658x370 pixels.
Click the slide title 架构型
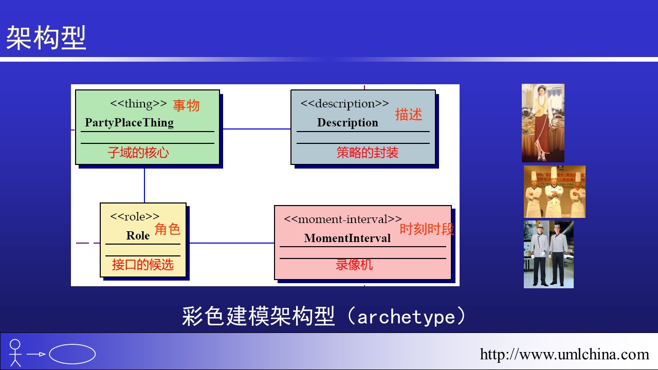[46, 38]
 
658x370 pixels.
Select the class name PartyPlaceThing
[129, 123]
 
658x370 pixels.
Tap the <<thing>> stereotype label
[138, 104]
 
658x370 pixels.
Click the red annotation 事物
[186, 106]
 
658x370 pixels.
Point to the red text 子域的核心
[138, 153]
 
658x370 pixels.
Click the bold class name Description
[348, 123]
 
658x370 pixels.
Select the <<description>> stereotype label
[344, 104]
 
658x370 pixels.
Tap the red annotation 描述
[409, 115]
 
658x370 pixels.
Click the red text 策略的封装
[368, 153]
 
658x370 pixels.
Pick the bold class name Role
[138, 236]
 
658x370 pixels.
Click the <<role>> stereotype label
[135, 217]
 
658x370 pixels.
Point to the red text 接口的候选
[143, 265]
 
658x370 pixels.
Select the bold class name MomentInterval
[347, 238]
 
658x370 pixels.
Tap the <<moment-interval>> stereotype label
[343, 219]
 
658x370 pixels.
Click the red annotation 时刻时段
[427, 229]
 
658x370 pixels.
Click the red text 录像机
[354, 265]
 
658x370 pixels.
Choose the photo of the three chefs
[554, 192]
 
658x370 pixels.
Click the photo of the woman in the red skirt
[543, 123]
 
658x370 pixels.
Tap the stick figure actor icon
[15, 353]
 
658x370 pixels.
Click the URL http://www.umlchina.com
[564, 354]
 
